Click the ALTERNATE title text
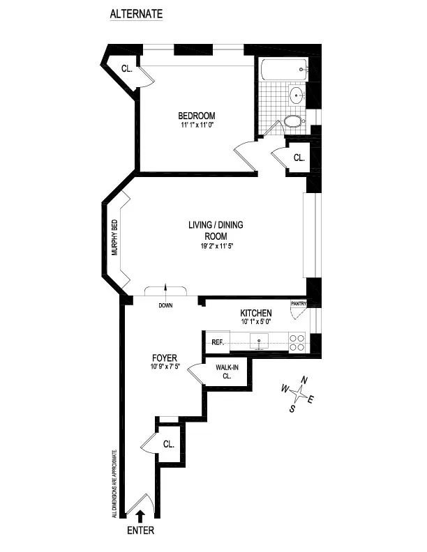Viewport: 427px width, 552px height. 136,14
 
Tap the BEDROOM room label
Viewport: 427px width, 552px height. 196,116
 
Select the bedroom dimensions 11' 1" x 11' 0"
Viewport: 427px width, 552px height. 196,125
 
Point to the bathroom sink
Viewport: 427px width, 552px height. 297,97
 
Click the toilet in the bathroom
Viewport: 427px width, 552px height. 294,123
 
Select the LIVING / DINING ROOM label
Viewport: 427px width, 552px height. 215,230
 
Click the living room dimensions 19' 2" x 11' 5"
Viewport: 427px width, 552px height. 215,246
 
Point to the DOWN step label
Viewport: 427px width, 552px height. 165,305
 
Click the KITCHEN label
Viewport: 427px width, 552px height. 256,314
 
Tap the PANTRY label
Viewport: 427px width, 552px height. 299,303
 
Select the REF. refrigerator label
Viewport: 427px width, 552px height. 216,342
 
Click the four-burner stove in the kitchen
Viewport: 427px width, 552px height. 297,342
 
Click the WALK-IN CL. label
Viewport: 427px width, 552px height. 224,371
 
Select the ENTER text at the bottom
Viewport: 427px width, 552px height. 141,530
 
